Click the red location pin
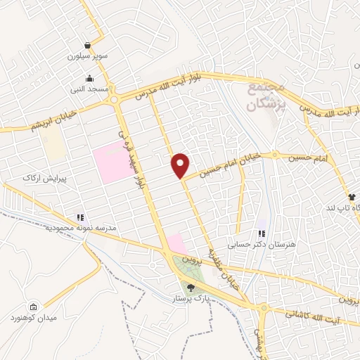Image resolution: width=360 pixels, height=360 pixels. tap(180, 165)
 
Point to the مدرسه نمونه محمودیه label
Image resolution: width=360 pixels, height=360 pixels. tap(79, 229)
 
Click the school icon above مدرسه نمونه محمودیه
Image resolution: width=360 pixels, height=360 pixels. tap(80, 218)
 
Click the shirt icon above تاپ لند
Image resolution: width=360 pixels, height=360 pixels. tap(351, 196)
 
